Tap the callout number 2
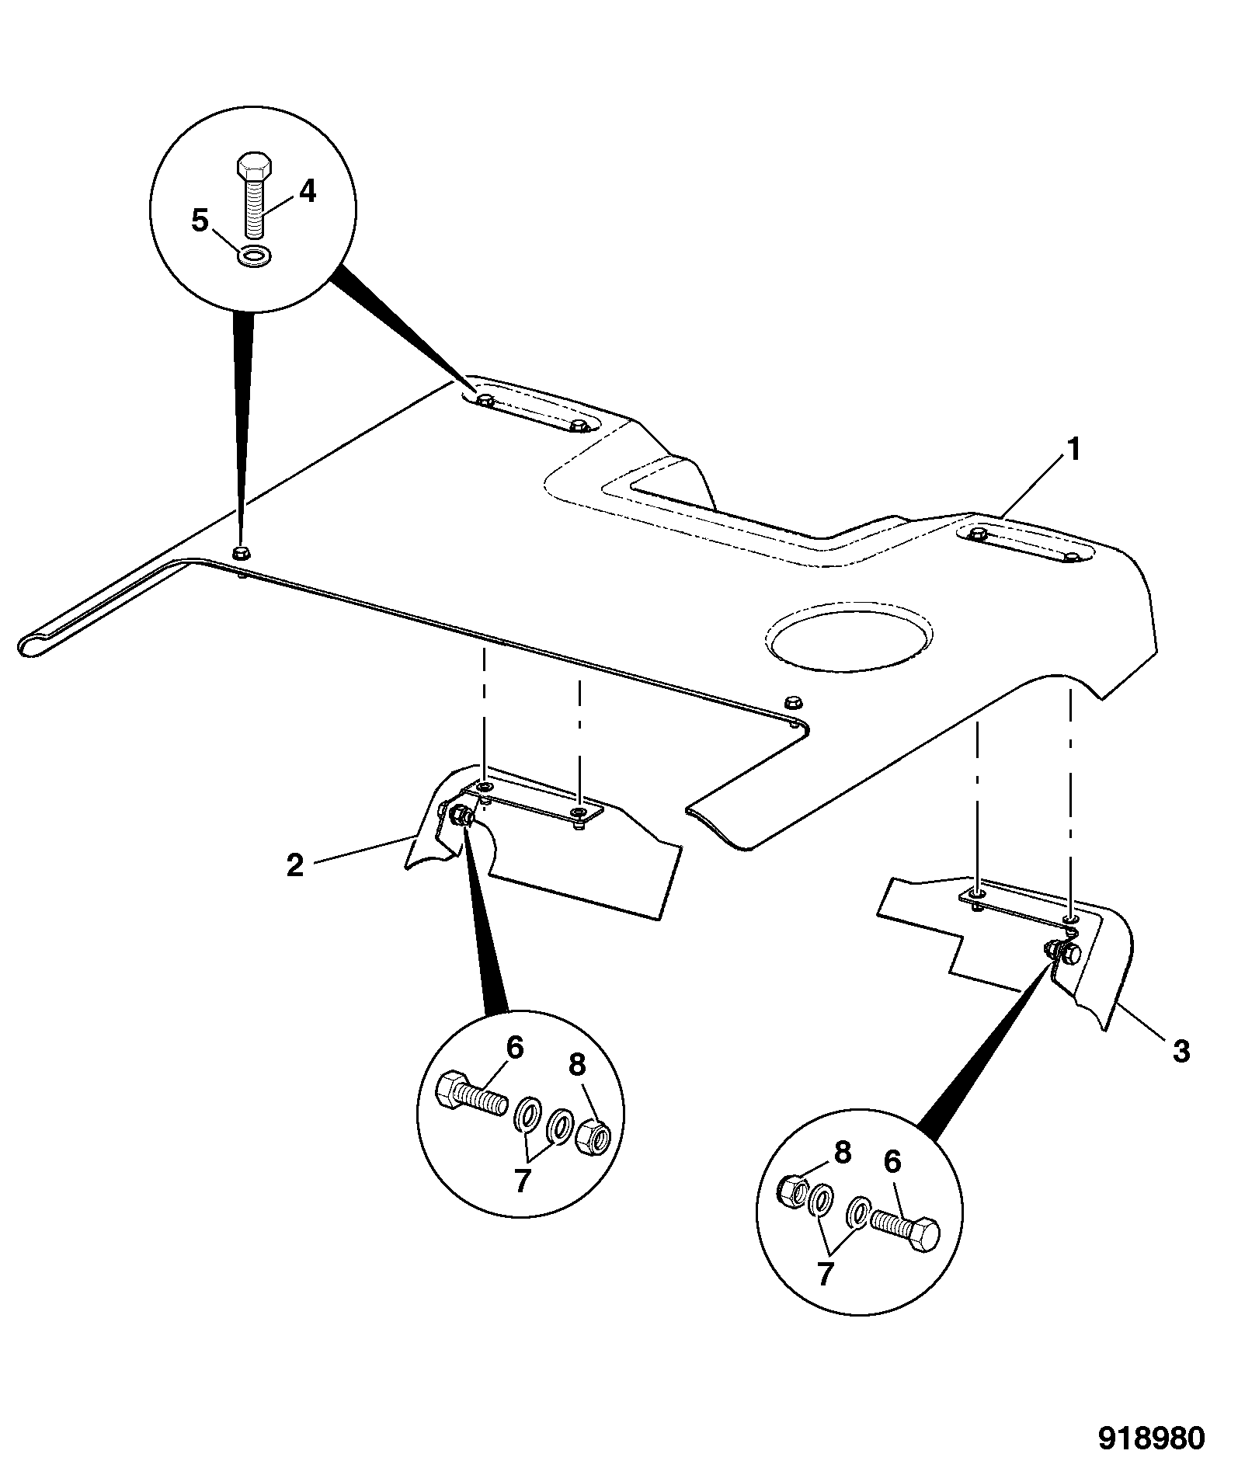(295, 865)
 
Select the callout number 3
(1181, 1052)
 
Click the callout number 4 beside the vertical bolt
(308, 191)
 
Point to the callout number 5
(200, 221)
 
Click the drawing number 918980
(1151, 1437)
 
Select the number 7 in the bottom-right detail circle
(825, 1274)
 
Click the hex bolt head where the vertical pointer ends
(241, 553)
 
